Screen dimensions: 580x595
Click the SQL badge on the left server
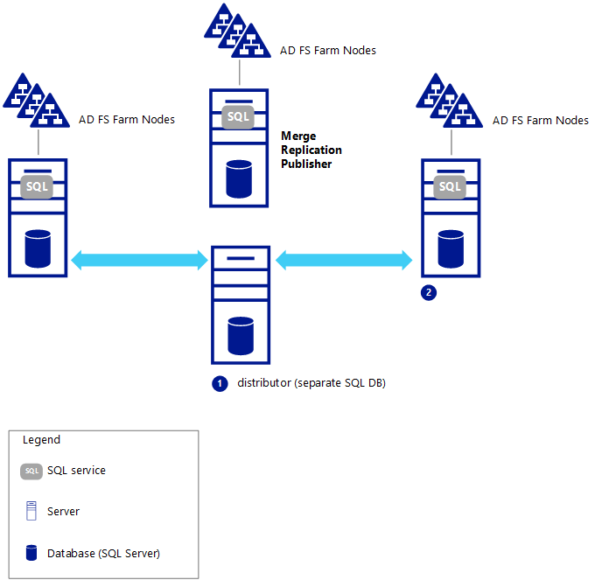(x=37, y=186)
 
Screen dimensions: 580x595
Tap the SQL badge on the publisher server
(x=238, y=116)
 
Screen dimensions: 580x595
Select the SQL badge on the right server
(x=450, y=186)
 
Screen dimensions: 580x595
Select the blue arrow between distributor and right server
(x=343, y=259)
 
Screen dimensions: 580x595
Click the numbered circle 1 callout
(x=220, y=383)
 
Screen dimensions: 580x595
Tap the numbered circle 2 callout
(x=429, y=293)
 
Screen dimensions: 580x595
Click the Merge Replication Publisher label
(x=311, y=150)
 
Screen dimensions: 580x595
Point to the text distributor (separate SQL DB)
(x=311, y=383)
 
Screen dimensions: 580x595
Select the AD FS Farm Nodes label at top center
(x=328, y=51)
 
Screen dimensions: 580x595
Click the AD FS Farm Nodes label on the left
(x=127, y=120)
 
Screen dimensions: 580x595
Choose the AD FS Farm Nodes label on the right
(x=541, y=120)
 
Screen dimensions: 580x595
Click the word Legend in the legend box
(x=41, y=440)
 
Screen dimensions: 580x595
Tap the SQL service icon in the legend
(x=31, y=472)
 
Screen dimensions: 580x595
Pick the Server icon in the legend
(x=31, y=511)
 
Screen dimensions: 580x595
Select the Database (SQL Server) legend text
(x=103, y=553)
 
